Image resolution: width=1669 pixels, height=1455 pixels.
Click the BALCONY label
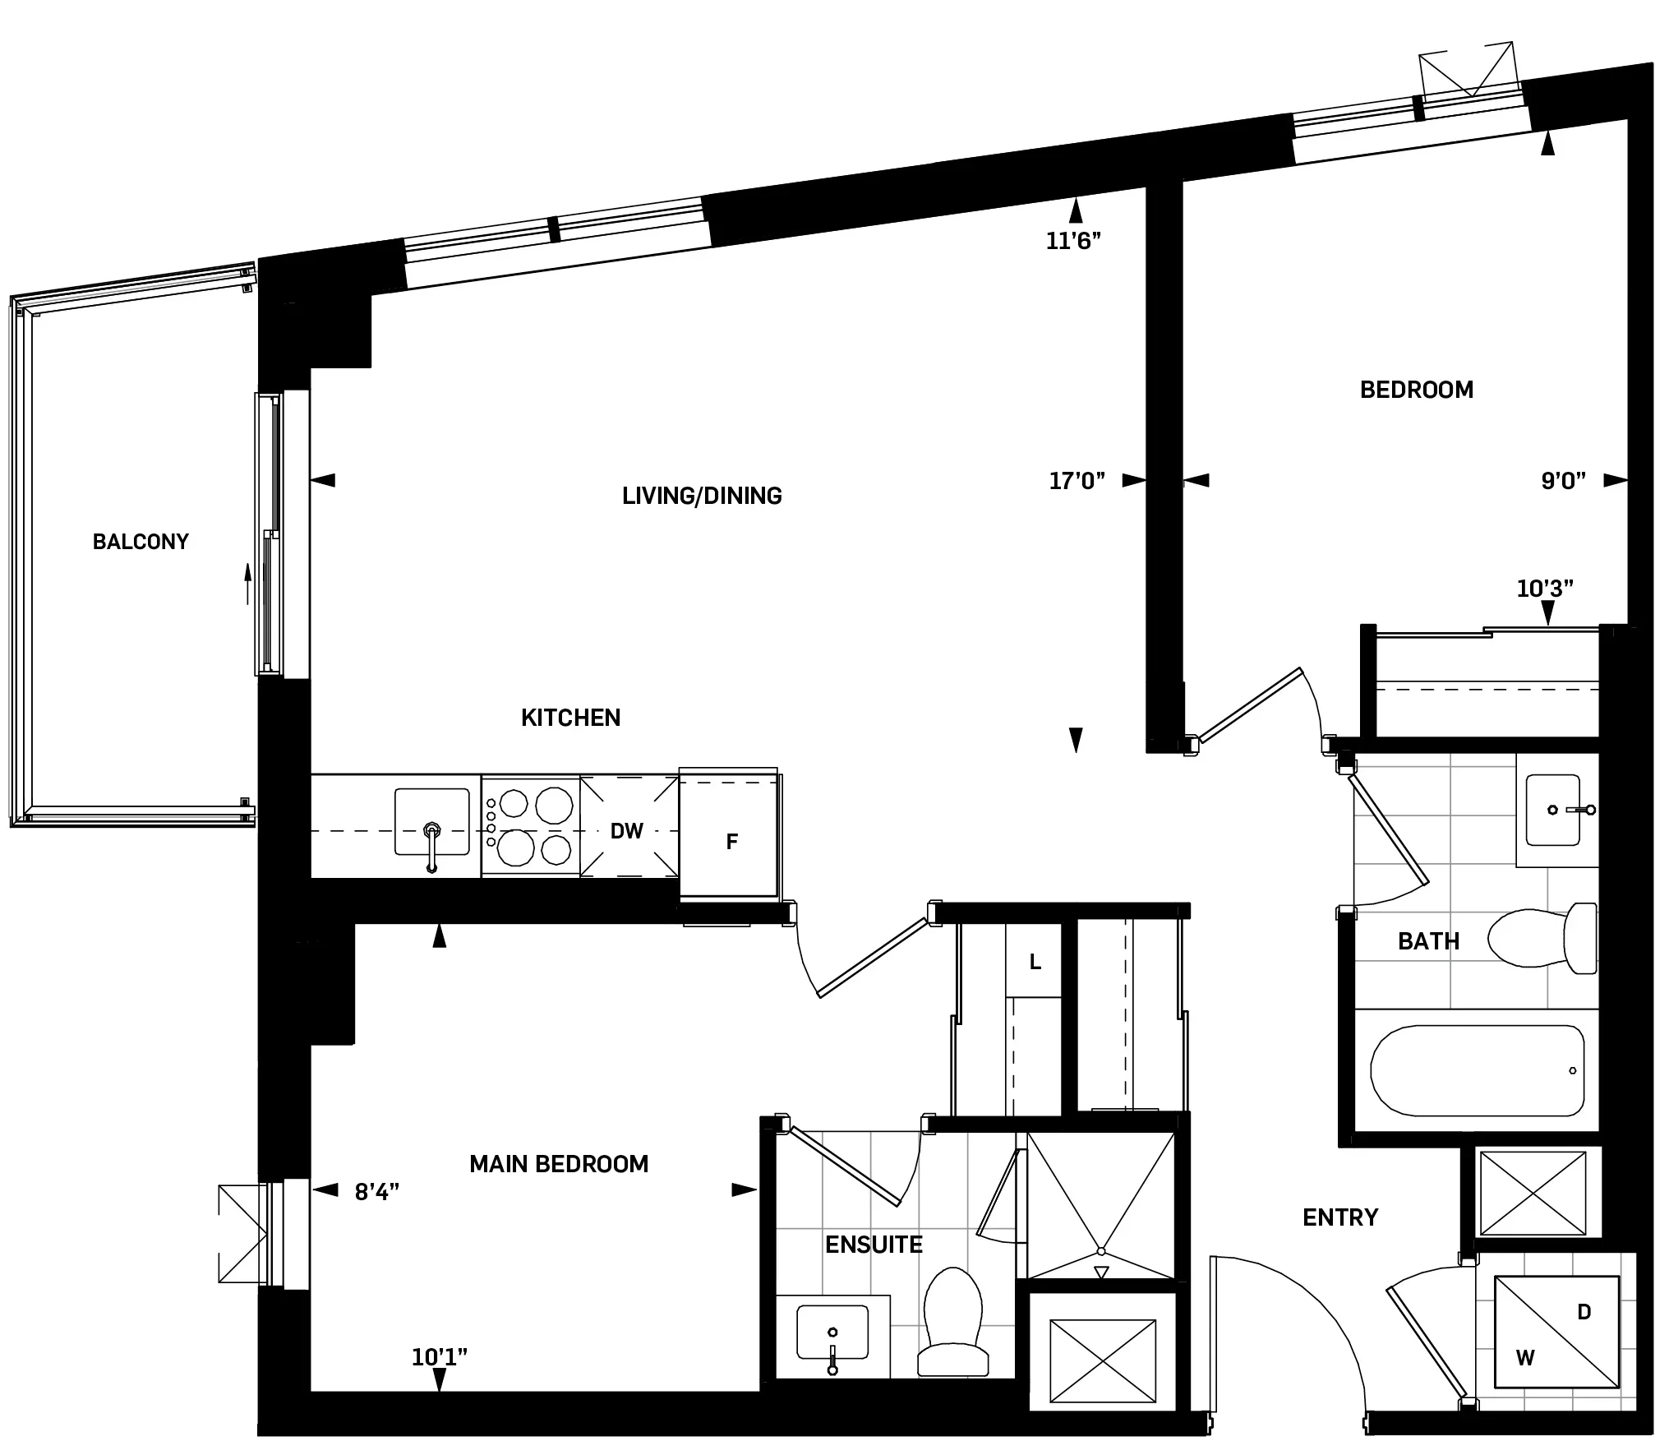(x=141, y=542)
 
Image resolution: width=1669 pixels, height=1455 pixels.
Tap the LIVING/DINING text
(x=702, y=496)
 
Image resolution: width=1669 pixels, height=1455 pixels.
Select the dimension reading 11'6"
(x=1073, y=241)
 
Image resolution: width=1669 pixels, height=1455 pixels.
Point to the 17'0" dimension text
(x=1077, y=481)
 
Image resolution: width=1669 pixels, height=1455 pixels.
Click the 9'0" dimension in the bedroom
(x=1563, y=481)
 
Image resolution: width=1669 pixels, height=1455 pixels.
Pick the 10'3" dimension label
(x=1545, y=589)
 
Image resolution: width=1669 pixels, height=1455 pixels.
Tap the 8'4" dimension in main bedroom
(x=377, y=1192)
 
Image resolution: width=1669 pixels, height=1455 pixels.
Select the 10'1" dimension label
(x=440, y=1357)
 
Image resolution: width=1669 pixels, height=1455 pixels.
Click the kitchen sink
(x=431, y=822)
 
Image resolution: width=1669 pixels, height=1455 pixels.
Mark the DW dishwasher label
(x=626, y=831)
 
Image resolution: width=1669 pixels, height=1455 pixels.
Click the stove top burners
(x=531, y=826)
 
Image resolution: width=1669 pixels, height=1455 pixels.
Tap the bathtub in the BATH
(x=1477, y=1070)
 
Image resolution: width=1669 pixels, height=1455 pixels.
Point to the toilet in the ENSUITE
(x=953, y=1323)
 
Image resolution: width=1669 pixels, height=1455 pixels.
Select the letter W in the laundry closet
(x=1525, y=1358)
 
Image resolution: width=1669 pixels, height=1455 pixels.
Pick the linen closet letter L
(x=1035, y=962)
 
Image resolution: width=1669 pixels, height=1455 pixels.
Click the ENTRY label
(x=1340, y=1217)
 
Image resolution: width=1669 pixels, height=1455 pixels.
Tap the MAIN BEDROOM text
(x=559, y=1164)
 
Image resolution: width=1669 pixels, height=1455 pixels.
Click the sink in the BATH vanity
(x=1553, y=811)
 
